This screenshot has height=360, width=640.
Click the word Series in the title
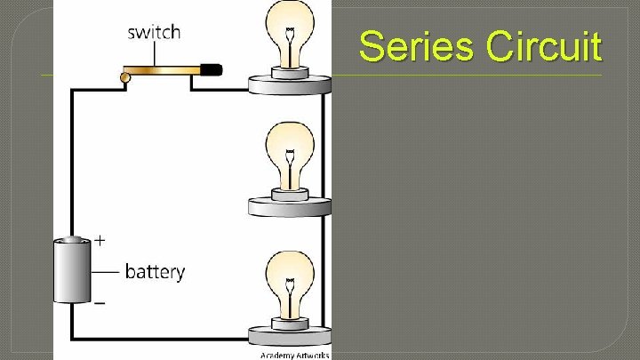pos(418,46)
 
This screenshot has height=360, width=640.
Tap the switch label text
pos(154,33)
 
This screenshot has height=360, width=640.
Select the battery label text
pos(155,270)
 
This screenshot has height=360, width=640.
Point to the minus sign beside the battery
pos(100,303)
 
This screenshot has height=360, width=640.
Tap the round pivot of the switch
pos(125,78)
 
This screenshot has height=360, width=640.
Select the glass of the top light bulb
pos(289,27)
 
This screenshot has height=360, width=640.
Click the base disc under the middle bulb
pos(289,206)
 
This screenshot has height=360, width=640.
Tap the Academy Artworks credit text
pos(294,355)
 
